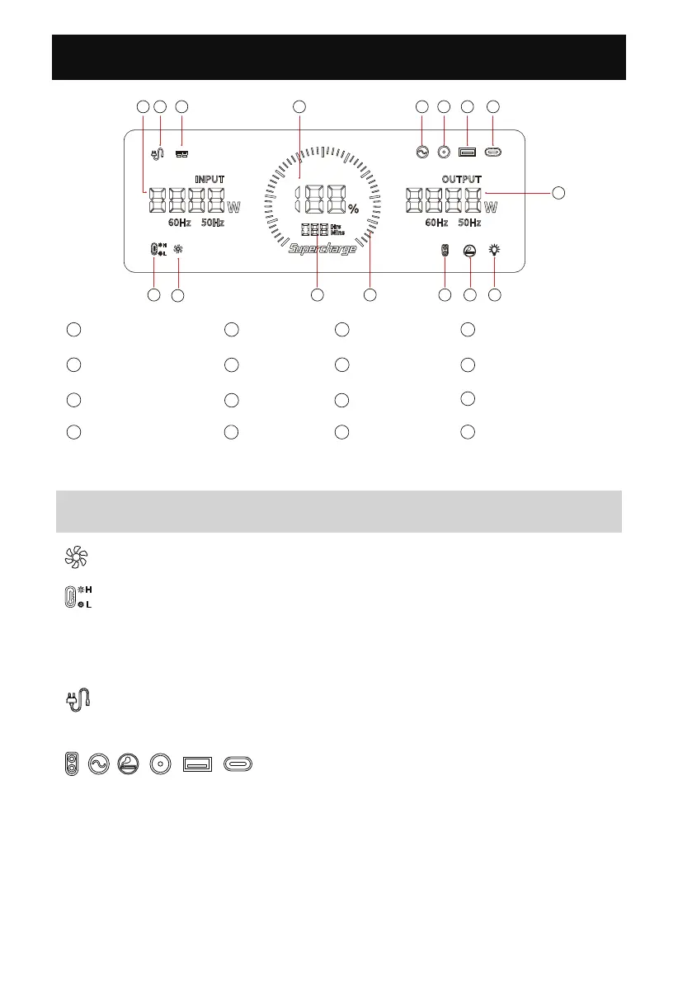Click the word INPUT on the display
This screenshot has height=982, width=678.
point(210,179)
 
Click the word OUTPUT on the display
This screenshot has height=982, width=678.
point(461,179)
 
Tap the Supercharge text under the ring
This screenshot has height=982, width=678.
point(323,248)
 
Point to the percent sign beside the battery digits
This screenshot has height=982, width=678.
point(353,209)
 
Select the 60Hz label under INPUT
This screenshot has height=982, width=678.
point(179,223)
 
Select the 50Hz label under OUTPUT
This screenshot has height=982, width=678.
point(469,223)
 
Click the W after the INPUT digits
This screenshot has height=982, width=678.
point(233,205)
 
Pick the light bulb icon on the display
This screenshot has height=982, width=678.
point(494,250)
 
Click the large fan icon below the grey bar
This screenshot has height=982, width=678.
point(73,557)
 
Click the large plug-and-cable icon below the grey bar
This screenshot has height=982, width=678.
point(78,700)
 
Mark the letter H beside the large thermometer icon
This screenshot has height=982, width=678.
point(88,590)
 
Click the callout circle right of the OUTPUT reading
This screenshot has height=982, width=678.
point(558,193)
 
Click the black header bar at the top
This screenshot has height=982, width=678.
point(338,57)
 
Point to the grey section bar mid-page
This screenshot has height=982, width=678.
point(338,512)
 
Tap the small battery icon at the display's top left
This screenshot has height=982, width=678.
point(181,153)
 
